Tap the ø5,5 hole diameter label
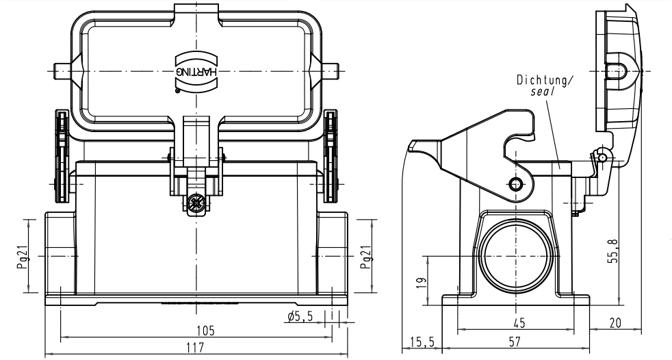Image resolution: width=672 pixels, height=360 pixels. tap(300, 316)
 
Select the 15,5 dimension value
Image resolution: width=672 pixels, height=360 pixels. tap(418, 340)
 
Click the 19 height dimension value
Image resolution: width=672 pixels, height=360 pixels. tap(424, 281)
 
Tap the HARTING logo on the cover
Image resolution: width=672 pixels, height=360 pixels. tap(197, 70)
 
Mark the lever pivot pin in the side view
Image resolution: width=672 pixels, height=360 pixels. tap(516, 183)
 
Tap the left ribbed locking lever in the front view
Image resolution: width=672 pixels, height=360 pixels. tap(61, 157)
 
